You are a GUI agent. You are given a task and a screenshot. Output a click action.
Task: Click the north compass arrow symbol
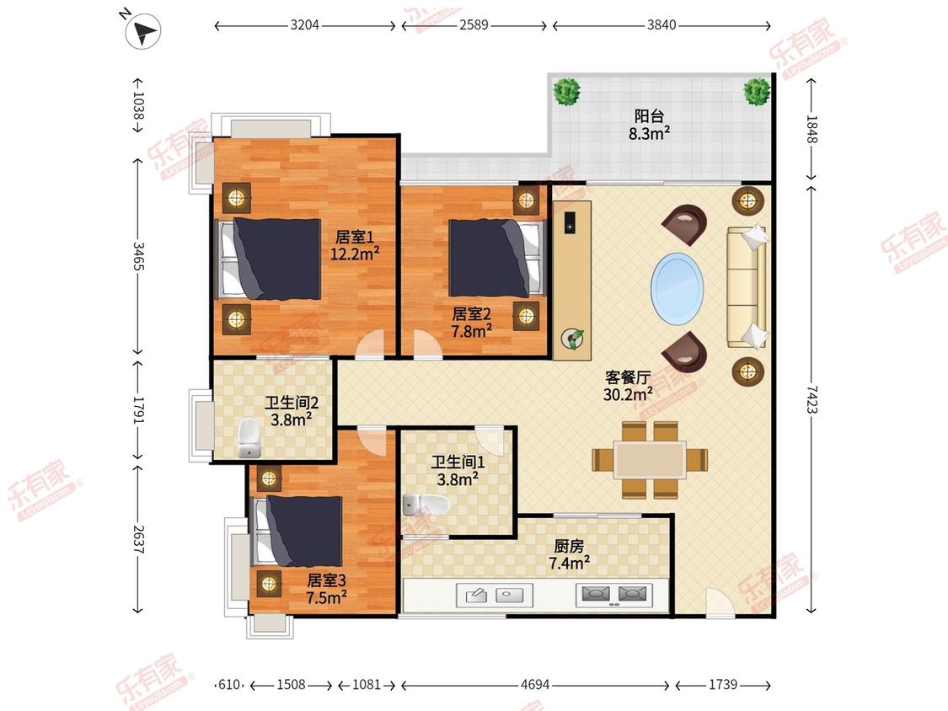click(143, 30)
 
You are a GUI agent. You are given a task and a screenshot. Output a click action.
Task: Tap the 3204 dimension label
click(305, 25)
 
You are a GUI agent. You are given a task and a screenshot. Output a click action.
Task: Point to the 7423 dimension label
click(811, 399)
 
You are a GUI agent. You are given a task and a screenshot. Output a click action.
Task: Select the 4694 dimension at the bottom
click(535, 684)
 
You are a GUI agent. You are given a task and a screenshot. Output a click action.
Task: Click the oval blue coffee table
click(678, 288)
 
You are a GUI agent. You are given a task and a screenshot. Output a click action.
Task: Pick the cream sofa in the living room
click(747, 287)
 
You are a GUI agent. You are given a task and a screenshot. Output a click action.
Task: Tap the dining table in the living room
click(650, 459)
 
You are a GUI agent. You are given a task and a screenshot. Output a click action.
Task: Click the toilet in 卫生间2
click(249, 439)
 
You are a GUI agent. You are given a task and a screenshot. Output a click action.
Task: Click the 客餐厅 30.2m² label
click(628, 386)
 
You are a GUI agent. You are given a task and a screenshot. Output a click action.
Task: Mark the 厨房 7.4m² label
click(569, 554)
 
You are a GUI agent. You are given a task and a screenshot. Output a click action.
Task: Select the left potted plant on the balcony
click(566, 92)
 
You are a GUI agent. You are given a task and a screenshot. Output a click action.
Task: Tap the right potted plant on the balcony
click(757, 92)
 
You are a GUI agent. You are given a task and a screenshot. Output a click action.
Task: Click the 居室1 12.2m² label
click(354, 245)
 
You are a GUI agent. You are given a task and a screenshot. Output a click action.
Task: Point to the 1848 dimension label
click(811, 130)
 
